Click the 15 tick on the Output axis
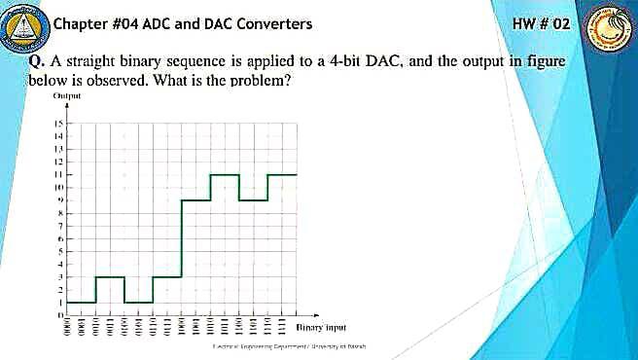58,125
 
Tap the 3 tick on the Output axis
59,277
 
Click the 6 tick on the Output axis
59,238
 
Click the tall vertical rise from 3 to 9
182,238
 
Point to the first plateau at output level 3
110,277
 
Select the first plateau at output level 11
225,175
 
